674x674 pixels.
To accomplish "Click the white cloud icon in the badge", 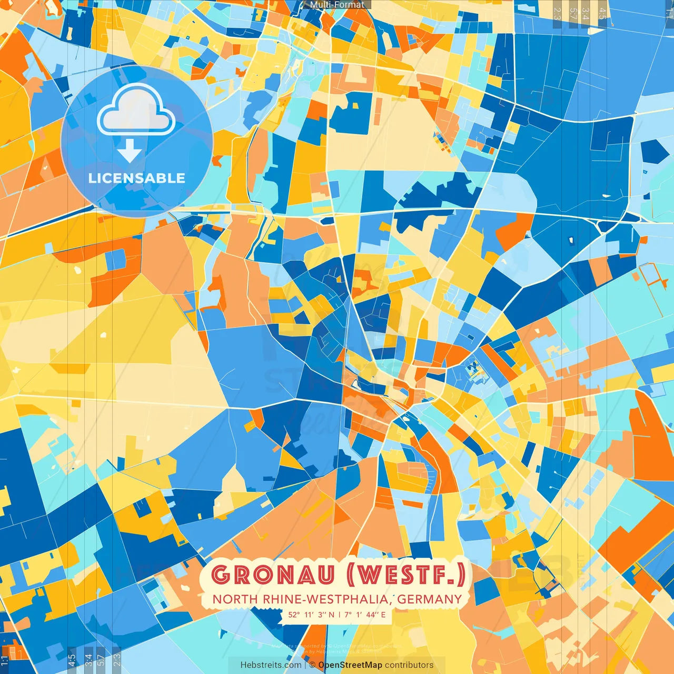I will click(x=136, y=110).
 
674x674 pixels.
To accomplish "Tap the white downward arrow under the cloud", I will click(x=130, y=151).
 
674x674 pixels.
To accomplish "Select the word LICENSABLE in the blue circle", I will click(x=137, y=178).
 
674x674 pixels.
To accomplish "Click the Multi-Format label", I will click(x=337, y=5).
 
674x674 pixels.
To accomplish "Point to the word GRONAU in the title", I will click(x=272, y=574).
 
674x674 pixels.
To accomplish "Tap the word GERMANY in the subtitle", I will click(x=430, y=599).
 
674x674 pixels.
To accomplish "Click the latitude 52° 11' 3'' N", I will click(x=311, y=614).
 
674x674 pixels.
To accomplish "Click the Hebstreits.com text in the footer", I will click(x=271, y=665).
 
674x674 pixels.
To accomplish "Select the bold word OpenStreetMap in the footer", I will click(x=350, y=665).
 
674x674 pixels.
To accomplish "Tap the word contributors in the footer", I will click(x=409, y=665).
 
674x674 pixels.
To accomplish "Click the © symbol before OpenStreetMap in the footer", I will click(x=312, y=665).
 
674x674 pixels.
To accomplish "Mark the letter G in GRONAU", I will click(x=221, y=574).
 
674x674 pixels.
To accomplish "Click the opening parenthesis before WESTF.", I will click(x=351, y=574).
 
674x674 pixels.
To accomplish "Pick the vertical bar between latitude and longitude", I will click(x=340, y=614).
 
